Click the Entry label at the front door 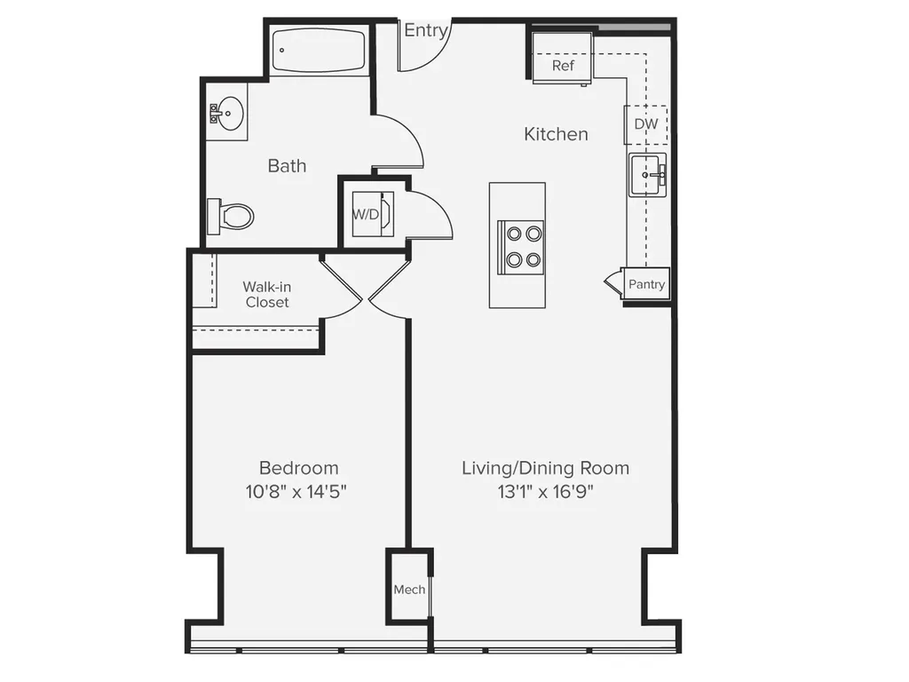click(x=426, y=30)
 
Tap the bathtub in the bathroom click(x=319, y=50)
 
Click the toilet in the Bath click(x=230, y=217)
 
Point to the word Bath click(x=287, y=166)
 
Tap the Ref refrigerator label click(x=563, y=66)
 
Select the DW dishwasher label click(x=646, y=124)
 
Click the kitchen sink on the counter click(x=647, y=175)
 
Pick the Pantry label click(x=646, y=284)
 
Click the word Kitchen click(x=556, y=134)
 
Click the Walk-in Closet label click(x=266, y=295)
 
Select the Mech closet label click(x=409, y=590)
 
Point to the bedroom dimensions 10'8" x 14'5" click(x=296, y=492)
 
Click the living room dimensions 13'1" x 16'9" click(x=546, y=492)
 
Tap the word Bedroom click(x=298, y=468)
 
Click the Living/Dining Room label click(x=546, y=468)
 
